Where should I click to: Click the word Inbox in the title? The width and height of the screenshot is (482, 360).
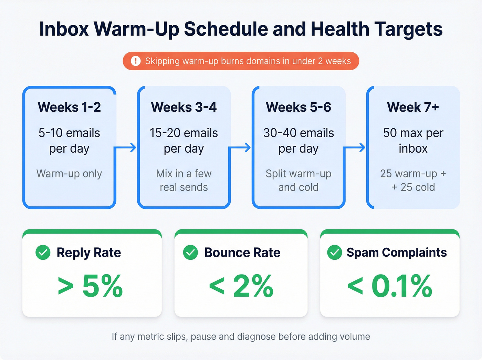pos(64,29)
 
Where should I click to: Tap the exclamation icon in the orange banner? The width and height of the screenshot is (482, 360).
pos(136,61)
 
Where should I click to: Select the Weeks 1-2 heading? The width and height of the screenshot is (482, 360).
pos(69,107)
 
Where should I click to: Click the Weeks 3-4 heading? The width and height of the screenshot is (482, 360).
pos(184,107)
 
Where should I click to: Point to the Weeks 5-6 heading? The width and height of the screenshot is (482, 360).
pos(298,107)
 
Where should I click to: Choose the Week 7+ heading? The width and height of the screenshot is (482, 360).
pos(413,107)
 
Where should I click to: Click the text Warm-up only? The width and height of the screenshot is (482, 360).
pos(69,174)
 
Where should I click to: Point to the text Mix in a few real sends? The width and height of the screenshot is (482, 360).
pos(184,180)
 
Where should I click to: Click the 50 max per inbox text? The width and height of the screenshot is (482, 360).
pos(413,141)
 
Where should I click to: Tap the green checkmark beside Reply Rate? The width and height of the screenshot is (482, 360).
pos(43,253)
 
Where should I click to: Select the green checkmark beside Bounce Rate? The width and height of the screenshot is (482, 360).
pos(190,253)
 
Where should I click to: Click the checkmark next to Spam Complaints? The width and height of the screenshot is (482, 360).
pos(334,253)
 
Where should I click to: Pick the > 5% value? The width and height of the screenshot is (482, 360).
pos(90,286)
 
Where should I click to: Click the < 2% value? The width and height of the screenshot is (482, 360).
pos(241,286)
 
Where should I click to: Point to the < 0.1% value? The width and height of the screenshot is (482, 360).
pos(390,286)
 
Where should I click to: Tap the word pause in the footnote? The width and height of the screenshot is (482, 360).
pos(203,337)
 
